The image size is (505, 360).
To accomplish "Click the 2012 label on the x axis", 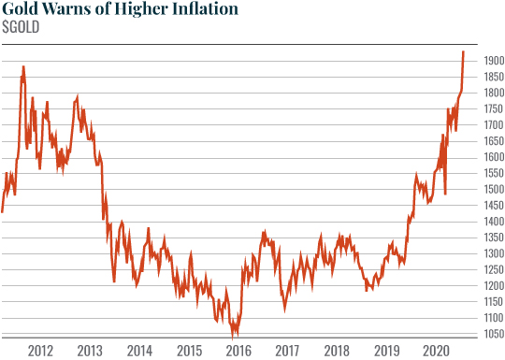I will pos(40,350).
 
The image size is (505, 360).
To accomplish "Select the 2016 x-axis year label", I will pos(238,350).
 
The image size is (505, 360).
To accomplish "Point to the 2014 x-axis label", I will pos(139,350).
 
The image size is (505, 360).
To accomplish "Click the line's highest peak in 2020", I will pos(463,52).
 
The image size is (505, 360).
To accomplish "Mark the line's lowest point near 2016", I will pos(235,334).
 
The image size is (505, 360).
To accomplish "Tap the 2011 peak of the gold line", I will pos(22,66).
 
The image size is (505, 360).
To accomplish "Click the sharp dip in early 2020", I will pos(445,194).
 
